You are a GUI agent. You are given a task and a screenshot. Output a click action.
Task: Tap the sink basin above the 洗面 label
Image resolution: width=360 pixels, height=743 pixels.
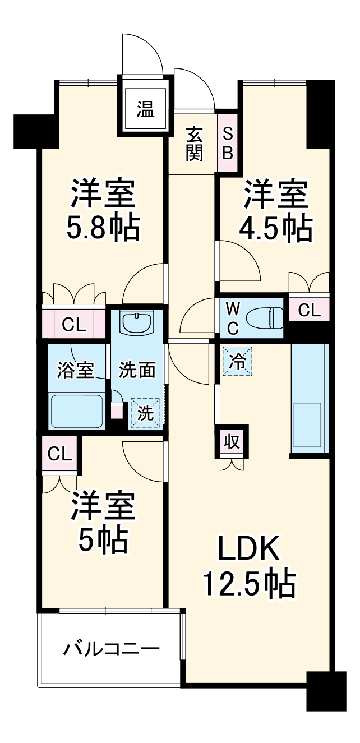(137, 323)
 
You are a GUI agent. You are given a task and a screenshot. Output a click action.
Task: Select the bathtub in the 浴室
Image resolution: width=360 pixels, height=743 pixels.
(77, 410)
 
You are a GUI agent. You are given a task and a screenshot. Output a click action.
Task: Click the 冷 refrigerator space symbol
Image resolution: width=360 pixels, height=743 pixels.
(237, 361)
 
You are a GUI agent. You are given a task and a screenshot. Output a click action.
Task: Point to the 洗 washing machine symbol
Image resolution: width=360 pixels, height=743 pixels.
(146, 413)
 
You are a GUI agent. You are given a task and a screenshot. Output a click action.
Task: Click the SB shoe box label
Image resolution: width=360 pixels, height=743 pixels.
(227, 144)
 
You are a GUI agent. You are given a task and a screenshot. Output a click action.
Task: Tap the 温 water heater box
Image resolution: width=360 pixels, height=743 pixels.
(146, 109)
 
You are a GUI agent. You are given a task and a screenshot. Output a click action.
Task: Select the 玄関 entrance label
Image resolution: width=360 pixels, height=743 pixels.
(194, 144)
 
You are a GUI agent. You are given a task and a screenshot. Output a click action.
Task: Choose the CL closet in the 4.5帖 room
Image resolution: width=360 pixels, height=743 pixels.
(309, 310)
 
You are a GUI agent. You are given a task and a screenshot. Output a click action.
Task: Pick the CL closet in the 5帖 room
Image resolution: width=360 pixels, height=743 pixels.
(60, 454)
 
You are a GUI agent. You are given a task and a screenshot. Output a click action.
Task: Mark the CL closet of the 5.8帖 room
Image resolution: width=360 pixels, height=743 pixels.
(75, 325)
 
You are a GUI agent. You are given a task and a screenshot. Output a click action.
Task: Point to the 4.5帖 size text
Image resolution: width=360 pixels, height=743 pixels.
(276, 228)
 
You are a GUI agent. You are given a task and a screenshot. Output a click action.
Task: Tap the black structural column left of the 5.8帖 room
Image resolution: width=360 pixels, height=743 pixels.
(36, 131)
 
